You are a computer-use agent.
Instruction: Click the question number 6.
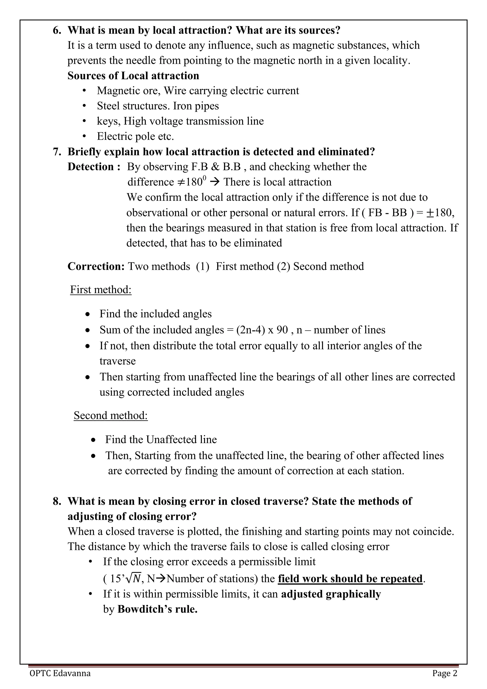(x=57, y=30)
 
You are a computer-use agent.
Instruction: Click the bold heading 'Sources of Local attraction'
(x=133, y=76)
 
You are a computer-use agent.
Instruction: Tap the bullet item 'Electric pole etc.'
(x=135, y=137)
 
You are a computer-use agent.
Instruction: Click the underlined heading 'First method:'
(x=101, y=290)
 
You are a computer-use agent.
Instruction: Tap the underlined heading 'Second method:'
(x=111, y=416)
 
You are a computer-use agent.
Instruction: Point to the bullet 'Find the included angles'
(x=155, y=314)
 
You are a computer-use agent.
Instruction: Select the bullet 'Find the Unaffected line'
(x=161, y=440)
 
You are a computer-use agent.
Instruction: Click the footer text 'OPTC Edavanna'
(x=60, y=673)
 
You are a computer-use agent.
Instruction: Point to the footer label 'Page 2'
(x=445, y=673)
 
